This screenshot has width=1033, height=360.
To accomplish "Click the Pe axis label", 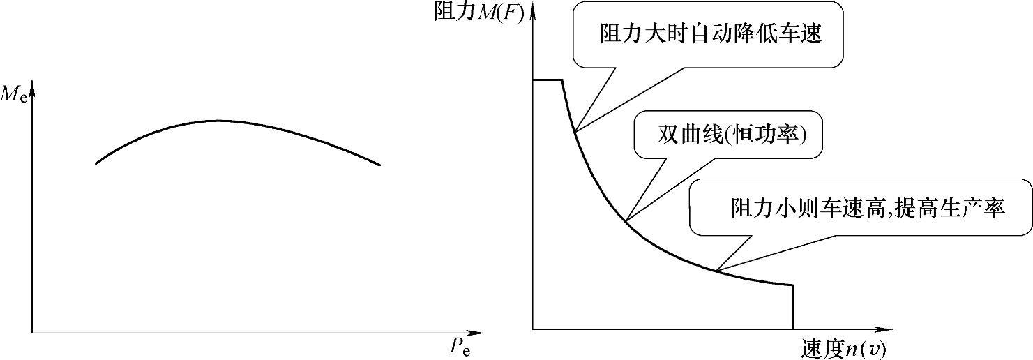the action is point(460,347).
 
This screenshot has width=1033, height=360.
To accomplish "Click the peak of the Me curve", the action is point(216,121).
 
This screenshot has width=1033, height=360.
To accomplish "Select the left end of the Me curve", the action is point(96,163).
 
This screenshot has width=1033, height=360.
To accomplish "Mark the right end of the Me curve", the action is point(380,165).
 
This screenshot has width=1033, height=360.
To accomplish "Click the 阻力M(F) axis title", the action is point(478,12).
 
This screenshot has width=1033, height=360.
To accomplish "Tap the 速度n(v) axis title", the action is point(845,347).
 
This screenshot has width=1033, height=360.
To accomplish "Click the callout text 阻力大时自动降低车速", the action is point(710,33).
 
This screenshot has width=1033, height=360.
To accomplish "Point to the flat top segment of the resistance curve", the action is point(548,80).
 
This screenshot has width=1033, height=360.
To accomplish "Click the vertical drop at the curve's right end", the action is point(793,307).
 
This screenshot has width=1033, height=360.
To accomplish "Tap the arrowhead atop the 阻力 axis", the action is point(533,8).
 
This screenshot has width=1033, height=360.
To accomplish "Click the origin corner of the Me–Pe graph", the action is point(32,333).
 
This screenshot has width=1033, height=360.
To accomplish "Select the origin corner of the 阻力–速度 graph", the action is point(533,329).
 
